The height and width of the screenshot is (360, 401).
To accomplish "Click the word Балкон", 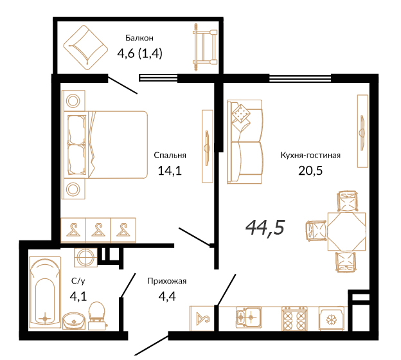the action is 139,38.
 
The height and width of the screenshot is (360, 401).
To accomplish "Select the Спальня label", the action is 170,156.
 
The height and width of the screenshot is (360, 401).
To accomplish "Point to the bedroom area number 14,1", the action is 170,170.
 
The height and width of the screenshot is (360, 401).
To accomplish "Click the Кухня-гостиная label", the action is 310,156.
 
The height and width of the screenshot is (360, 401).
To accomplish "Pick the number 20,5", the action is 310,170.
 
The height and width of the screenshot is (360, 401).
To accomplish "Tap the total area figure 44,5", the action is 265,228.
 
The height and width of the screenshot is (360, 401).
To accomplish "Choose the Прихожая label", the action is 166,281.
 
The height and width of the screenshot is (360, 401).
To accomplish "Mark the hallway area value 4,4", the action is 167,296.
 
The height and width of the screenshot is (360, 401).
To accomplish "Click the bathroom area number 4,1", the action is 78,296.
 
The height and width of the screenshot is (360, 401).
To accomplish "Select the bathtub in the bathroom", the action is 45,292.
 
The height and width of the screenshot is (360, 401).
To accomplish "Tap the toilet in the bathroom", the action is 96,316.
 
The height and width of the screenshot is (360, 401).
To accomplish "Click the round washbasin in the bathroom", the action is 74,320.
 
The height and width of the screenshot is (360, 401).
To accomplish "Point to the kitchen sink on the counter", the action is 248,318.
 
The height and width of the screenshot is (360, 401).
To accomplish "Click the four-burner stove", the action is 294,319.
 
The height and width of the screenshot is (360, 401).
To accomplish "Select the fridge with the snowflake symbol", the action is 332,319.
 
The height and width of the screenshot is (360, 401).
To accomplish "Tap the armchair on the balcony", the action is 85,48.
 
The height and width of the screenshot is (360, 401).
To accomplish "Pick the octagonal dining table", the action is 346,231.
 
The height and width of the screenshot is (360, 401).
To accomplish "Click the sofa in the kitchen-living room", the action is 245,141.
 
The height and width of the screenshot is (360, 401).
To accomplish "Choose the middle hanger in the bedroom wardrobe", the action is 98,230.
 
